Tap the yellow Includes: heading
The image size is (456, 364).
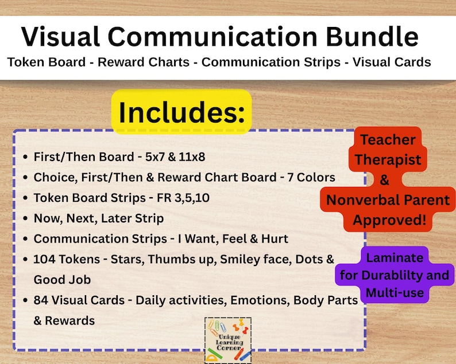181,112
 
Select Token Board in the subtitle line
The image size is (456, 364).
47,62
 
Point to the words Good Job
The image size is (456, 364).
62,280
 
